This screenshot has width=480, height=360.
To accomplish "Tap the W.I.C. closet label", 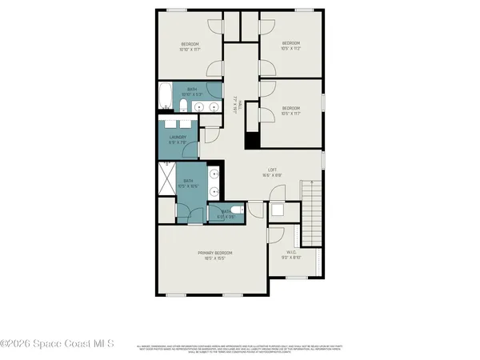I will [290, 252].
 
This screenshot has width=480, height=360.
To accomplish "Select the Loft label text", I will [272, 170].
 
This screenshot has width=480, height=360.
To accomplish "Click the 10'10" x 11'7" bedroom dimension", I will [189, 49].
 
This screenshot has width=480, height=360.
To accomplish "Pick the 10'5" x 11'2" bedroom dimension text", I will [290, 49].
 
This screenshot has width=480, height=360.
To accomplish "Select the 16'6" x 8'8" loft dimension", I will [272, 175].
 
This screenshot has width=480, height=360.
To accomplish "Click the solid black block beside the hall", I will [250, 138].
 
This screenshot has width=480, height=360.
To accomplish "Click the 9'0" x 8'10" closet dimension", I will [290, 258].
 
